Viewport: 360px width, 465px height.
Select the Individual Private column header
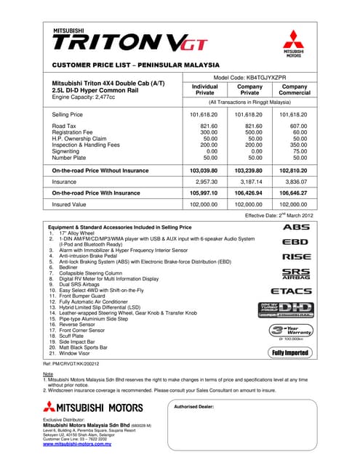click(204, 89)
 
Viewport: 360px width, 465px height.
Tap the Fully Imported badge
click(290, 353)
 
